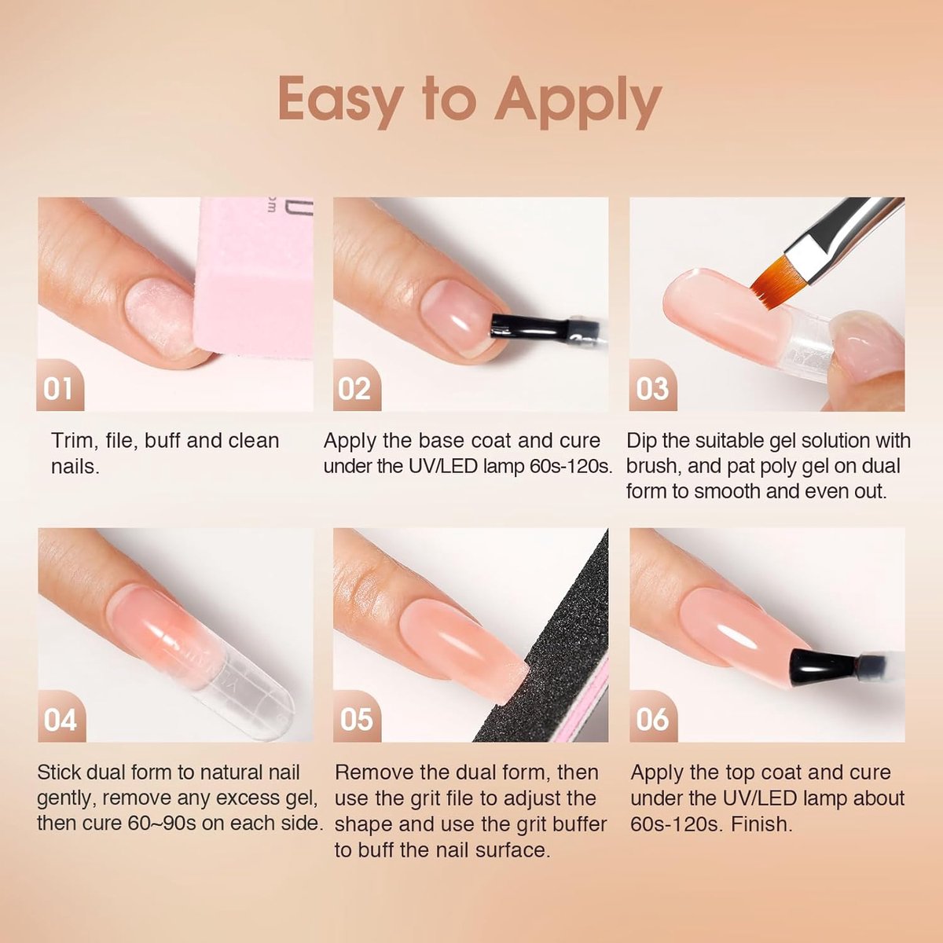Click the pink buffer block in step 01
pyautogui.click(x=255, y=279)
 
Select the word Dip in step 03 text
pyautogui.click(x=643, y=442)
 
